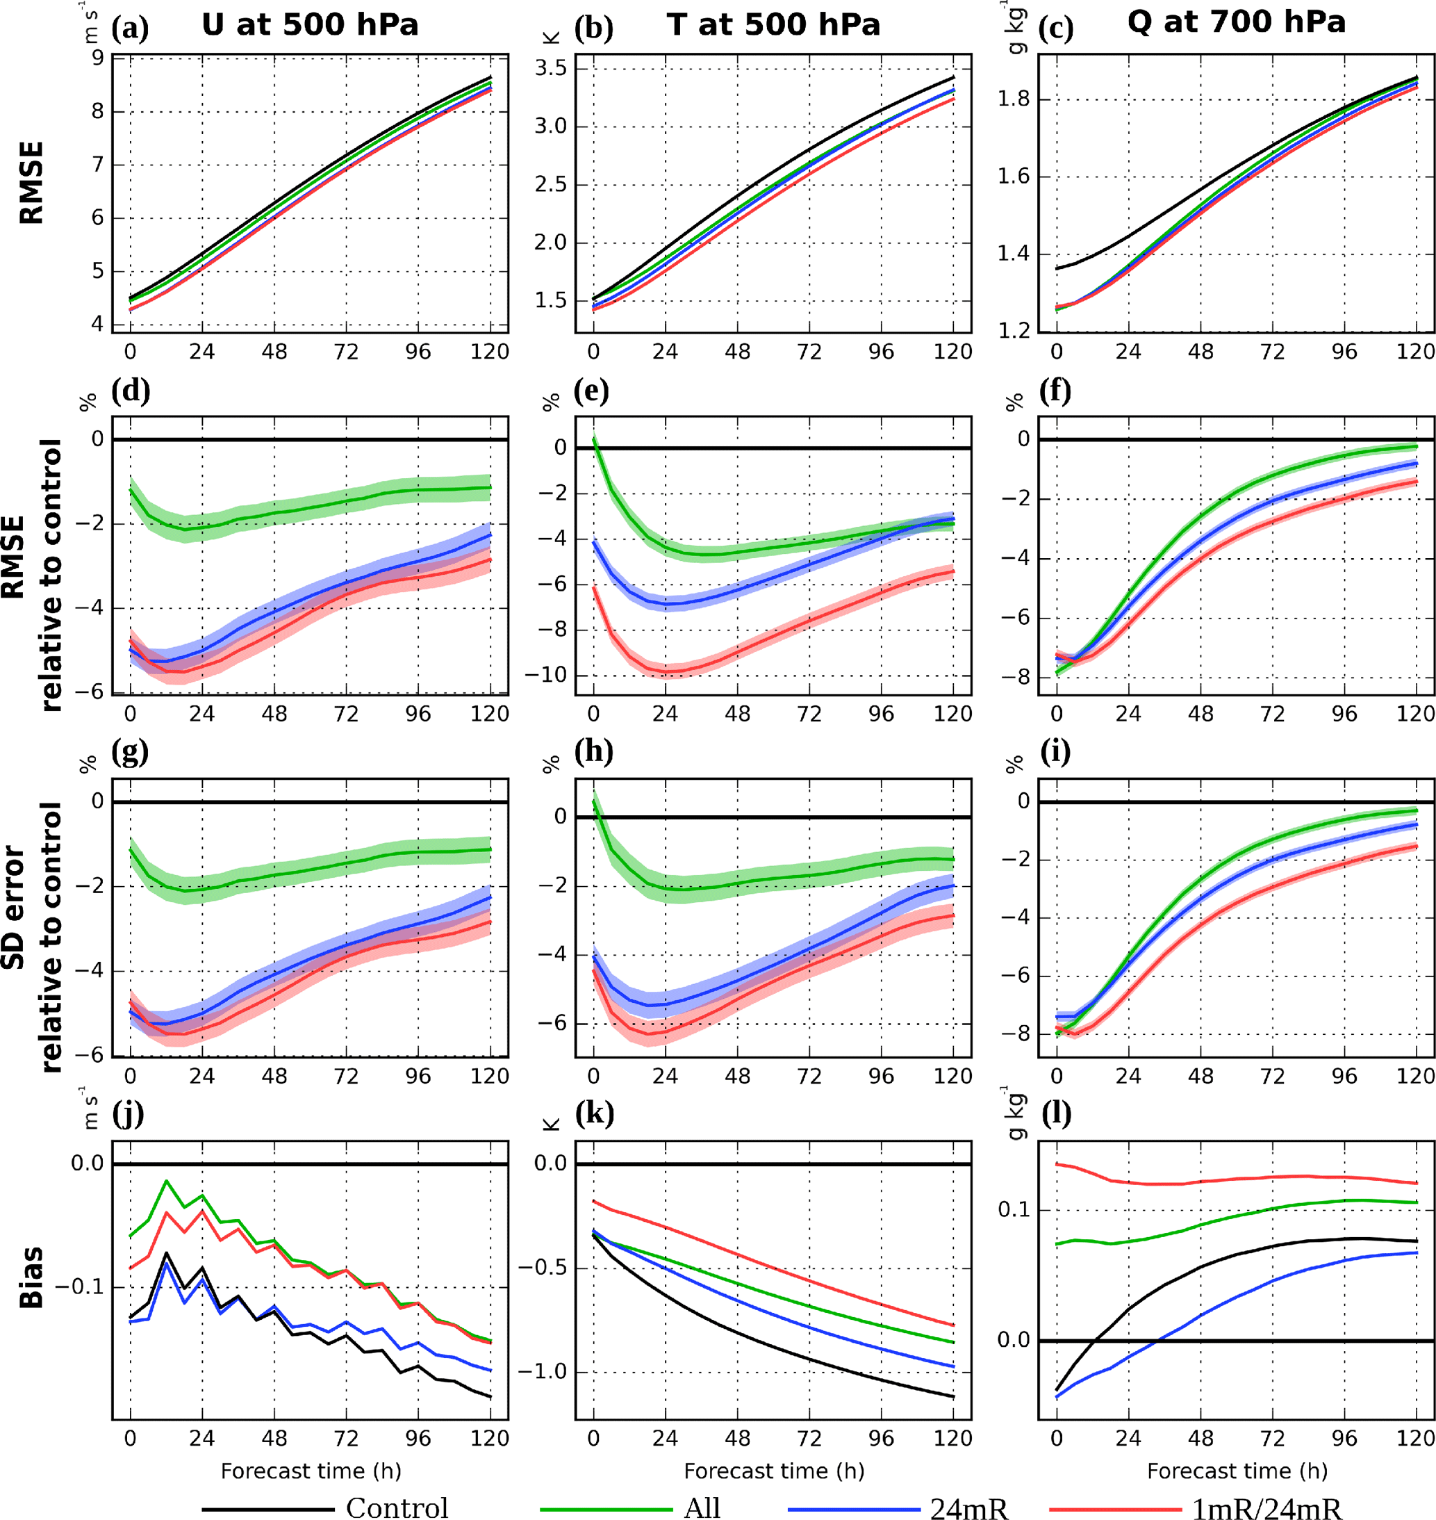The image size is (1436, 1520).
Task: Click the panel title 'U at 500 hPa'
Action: tap(310, 25)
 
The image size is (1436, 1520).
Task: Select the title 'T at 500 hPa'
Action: tap(773, 25)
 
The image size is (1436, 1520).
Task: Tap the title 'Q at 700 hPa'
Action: tap(1235, 22)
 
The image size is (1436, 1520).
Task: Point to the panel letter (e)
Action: tap(592, 391)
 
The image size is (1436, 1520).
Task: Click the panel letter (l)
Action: tap(1057, 1113)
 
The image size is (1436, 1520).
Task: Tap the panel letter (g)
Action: tap(130, 752)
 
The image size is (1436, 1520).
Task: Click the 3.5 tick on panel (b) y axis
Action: tap(551, 69)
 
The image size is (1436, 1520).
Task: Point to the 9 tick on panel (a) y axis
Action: tap(97, 58)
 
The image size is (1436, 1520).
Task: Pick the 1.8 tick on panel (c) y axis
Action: tap(1015, 99)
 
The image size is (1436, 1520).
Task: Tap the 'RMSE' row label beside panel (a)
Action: tap(31, 182)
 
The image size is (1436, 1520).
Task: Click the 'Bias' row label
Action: tap(31, 1277)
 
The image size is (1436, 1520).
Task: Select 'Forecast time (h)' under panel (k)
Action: tap(773, 1470)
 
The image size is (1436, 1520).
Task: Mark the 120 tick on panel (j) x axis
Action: tap(490, 1438)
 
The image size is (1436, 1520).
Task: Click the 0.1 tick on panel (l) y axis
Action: tap(1015, 1210)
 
